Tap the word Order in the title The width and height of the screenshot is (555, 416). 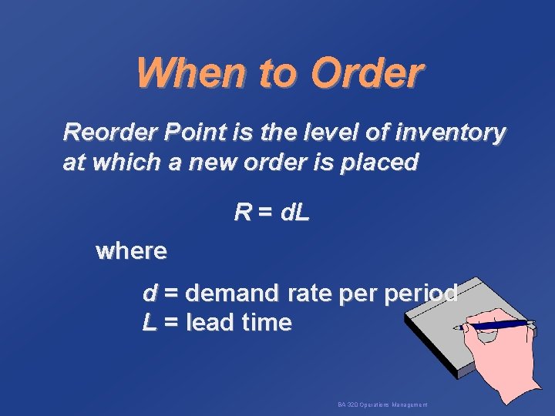(x=368, y=73)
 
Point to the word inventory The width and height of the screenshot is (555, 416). (x=452, y=133)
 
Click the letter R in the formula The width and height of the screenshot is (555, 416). (x=242, y=213)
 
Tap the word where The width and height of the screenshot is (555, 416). (x=130, y=250)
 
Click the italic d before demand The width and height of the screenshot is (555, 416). (x=150, y=294)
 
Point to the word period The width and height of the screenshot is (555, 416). (x=420, y=294)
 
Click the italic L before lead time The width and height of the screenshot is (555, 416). (x=150, y=323)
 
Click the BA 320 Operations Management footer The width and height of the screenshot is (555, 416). (x=382, y=404)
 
